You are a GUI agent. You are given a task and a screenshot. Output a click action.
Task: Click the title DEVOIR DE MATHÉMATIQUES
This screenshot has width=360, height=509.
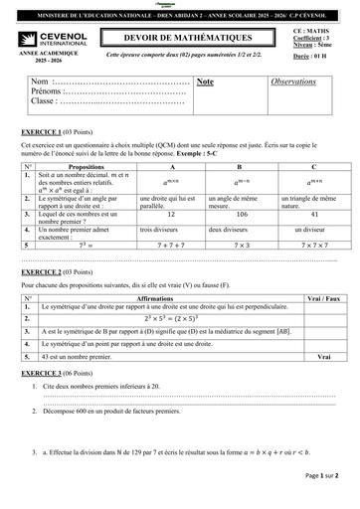pyautogui.click(x=178, y=35)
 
